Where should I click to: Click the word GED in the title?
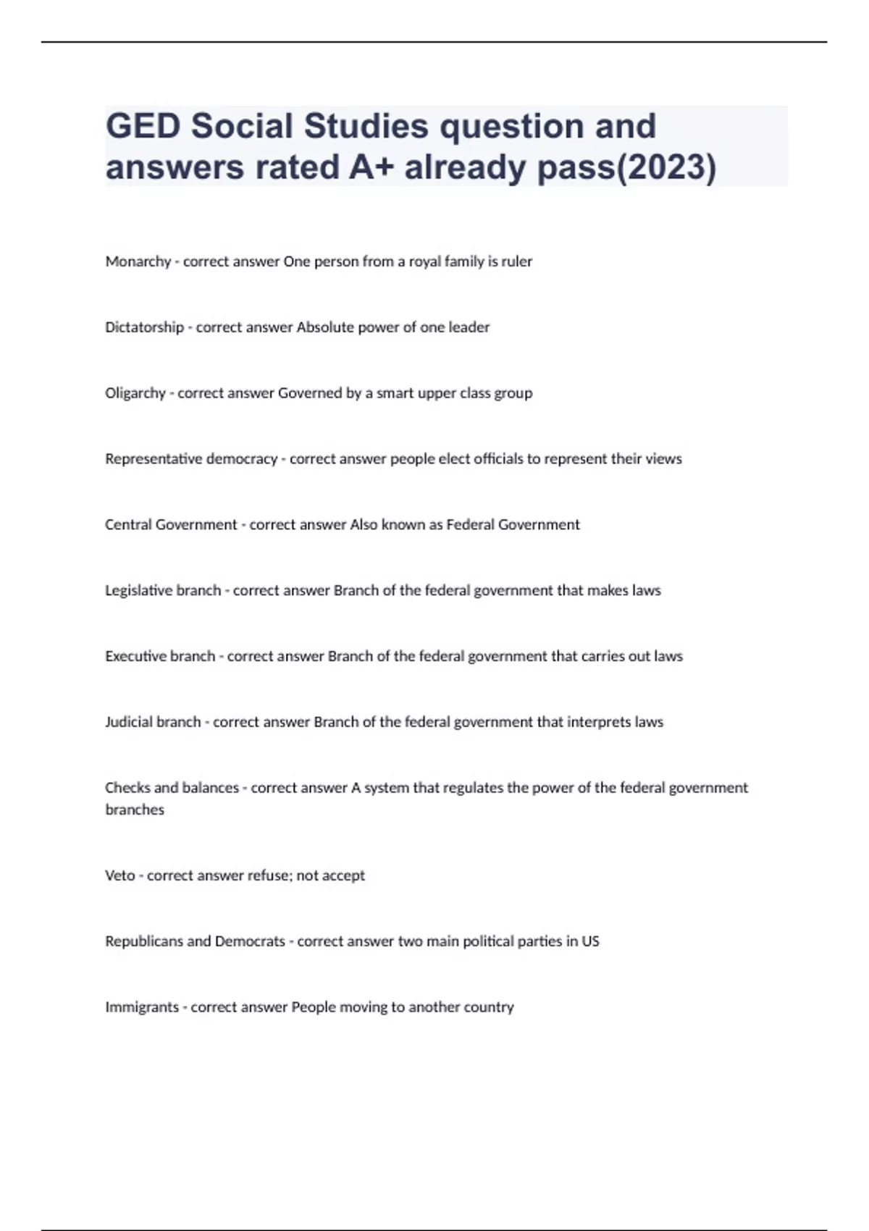(143, 127)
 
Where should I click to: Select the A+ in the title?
(371, 167)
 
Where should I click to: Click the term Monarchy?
(138, 261)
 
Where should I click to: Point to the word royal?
(424, 261)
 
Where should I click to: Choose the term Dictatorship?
(144, 327)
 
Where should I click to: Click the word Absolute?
(321, 327)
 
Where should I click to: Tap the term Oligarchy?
(135, 393)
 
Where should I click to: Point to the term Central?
(127, 525)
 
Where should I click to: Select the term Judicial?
(129, 722)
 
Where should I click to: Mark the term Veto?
(120, 875)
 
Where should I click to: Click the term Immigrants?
(142, 1007)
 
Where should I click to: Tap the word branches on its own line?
(135, 810)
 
